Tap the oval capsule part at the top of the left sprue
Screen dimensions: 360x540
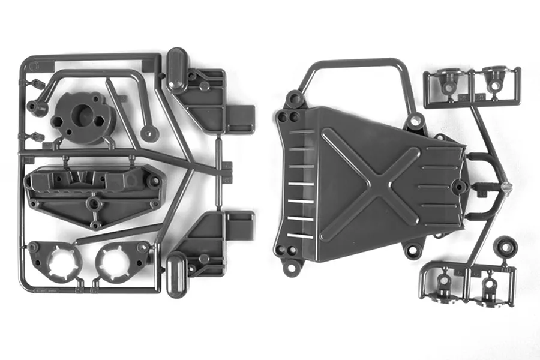pyautogui.click(x=176, y=68)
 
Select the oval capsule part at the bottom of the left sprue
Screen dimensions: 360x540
pyautogui.click(x=176, y=274)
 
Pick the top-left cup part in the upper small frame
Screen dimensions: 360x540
pyautogui.click(x=448, y=81)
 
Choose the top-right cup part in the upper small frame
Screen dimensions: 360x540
pyautogui.click(x=494, y=80)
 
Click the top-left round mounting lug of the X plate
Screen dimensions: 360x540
pyautogui.click(x=294, y=98)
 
